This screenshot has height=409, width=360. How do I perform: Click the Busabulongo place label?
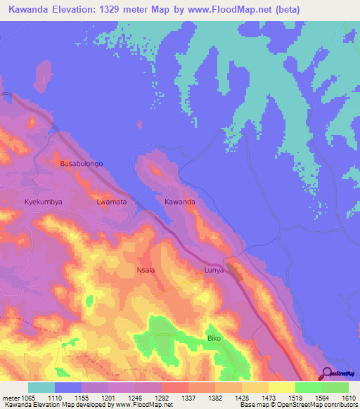pos(82,163)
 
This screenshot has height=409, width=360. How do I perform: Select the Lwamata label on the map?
pos(111,202)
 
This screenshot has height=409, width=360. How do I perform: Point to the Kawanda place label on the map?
pos(179,202)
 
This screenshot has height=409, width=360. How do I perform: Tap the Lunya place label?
pos(214,269)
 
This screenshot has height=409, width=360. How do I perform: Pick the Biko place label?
pos(214,338)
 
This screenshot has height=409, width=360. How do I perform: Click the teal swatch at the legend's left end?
pos(41,387)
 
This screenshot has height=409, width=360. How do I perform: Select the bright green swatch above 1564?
pos(309,387)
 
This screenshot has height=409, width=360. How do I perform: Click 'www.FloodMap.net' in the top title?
pos(238,9)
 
